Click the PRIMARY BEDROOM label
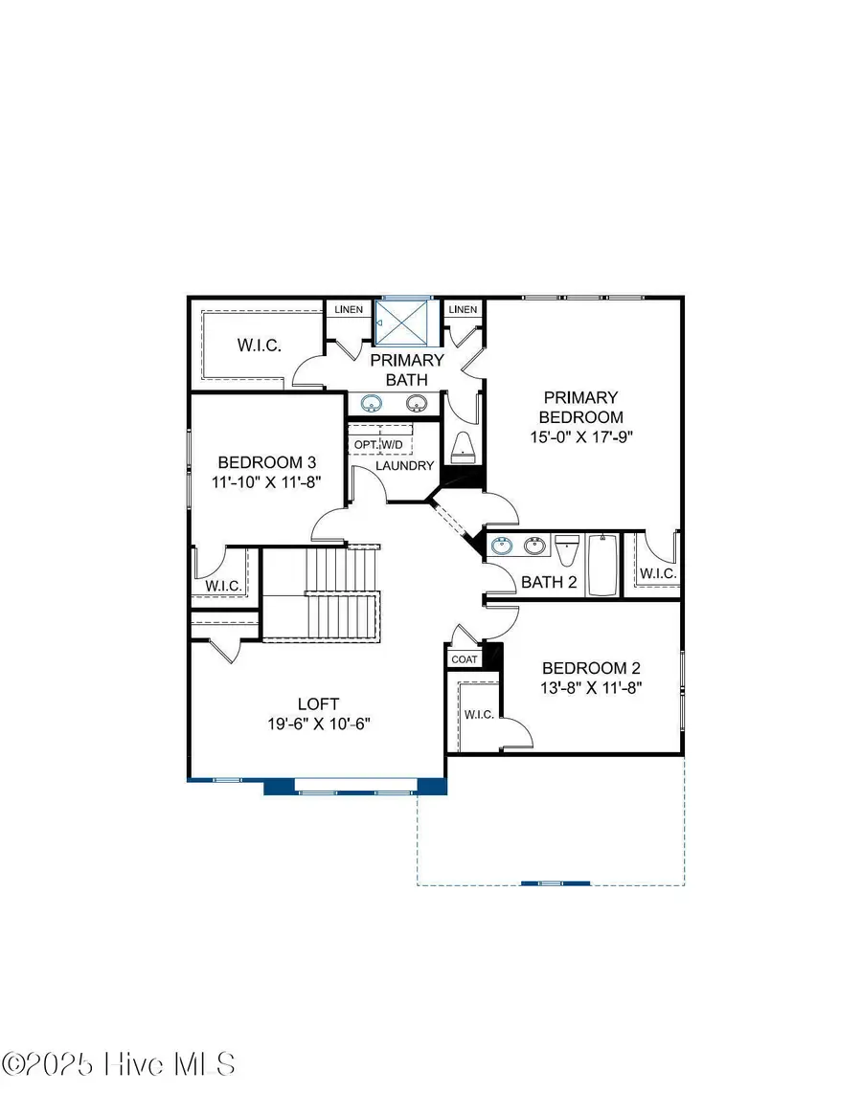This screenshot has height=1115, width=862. [x=581, y=407]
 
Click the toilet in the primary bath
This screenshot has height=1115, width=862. [x=462, y=446]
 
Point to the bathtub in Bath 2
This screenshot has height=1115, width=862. [x=602, y=566]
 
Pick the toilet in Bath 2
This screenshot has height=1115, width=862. [x=566, y=552]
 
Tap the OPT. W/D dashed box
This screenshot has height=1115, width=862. [x=379, y=445]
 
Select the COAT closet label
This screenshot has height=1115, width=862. [x=465, y=659]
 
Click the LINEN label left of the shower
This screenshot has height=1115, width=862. [x=347, y=309]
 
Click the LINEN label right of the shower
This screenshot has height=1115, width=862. [x=463, y=309]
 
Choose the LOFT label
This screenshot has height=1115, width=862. [x=318, y=703]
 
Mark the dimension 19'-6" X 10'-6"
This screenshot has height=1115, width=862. [x=318, y=725]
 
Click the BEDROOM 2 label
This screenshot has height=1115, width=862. [x=591, y=668]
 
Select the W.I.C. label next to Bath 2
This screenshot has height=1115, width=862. [x=658, y=573]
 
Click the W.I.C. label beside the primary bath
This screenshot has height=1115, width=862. [x=258, y=345]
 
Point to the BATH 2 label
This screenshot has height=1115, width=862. [x=548, y=582]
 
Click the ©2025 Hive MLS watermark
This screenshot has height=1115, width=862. [x=119, y=1064]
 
